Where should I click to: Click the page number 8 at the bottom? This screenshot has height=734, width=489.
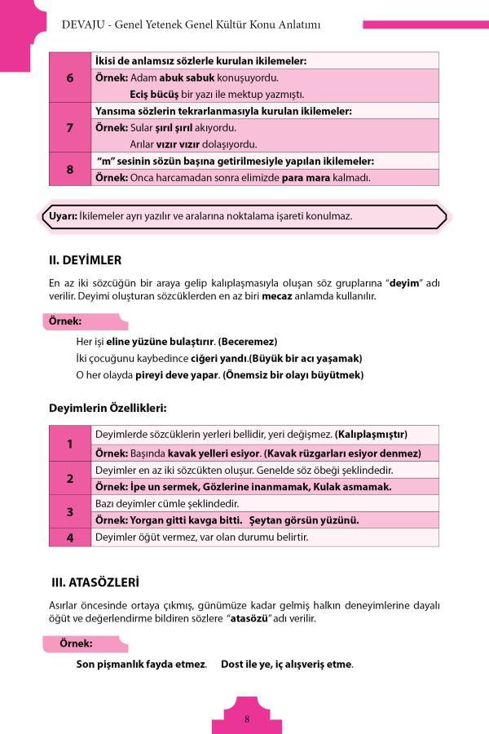tap(246, 719)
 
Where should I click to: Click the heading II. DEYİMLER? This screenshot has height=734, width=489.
tap(86, 260)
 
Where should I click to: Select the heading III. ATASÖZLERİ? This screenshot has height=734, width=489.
tap(95, 582)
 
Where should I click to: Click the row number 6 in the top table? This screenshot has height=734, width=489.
tap(70, 77)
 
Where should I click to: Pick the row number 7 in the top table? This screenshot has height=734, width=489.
tap(70, 127)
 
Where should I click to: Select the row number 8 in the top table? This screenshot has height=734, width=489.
tap(70, 169)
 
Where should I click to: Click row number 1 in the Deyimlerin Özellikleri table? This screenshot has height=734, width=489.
tap(70, 444)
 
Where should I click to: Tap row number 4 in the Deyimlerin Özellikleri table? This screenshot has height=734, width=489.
tap(70, 537)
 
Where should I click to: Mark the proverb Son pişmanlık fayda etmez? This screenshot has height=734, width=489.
tap(140, 664)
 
